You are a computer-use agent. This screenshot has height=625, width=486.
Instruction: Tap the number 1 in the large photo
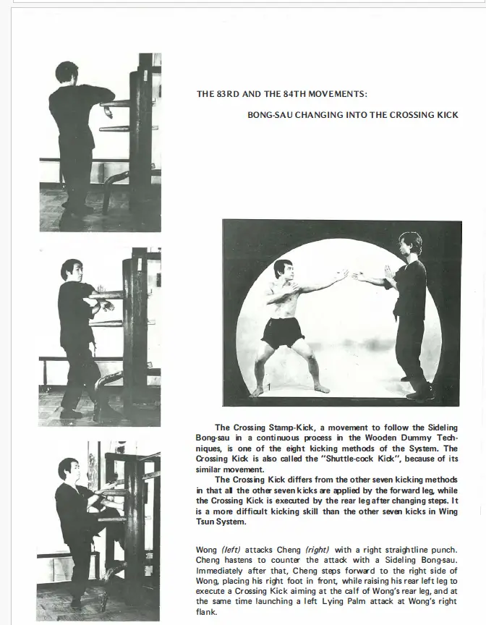pyautogui.click(x=268, y=388)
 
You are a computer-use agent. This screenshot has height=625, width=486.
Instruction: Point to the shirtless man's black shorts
pyautogui.click(x=283, y=333)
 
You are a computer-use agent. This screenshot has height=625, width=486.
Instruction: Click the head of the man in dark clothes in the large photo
pyautogui.click(x=410, y=244)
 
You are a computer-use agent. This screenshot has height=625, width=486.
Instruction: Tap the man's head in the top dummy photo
pyautogui.click(x=67, y=73)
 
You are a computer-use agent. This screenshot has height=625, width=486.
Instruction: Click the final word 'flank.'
pyautogui.click(x=207, y=611)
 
